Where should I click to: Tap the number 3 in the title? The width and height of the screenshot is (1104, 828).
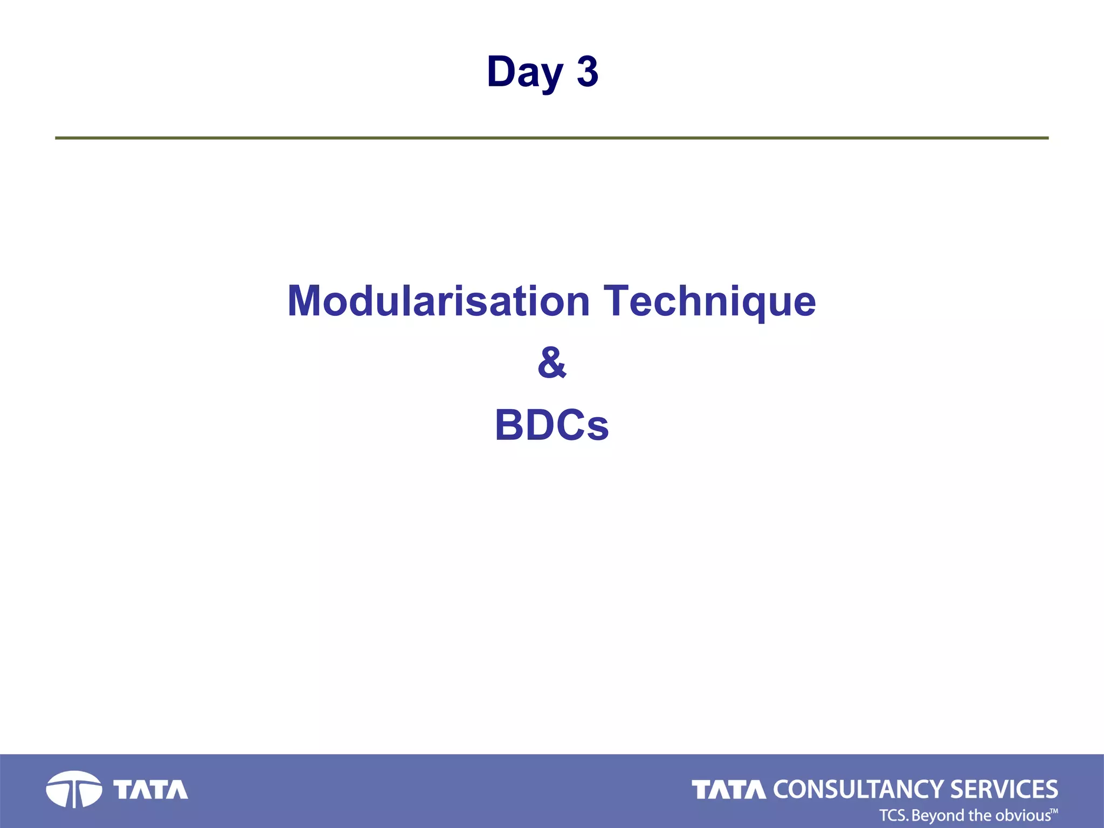click(587, 72)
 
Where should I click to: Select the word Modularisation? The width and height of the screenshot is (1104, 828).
click(438, 301)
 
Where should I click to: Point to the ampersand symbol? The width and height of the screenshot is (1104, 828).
click(552, 363)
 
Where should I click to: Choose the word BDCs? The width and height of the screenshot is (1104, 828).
click(552, 425)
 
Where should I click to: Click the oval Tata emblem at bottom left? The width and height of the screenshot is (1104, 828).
click(74, 789)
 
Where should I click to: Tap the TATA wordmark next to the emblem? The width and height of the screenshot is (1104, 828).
click(150, 790)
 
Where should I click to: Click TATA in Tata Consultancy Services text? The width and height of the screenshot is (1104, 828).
click(728, 790)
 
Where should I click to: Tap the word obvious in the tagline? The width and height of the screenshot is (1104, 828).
click(1023, 815)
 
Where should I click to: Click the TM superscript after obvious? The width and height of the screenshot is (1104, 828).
click(1054, 810)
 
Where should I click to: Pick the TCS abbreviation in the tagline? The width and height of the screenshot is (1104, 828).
click(893, 815)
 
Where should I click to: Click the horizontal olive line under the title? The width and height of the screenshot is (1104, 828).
click(552, 138)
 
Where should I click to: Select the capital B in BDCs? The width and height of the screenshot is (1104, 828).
click(509, 425)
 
